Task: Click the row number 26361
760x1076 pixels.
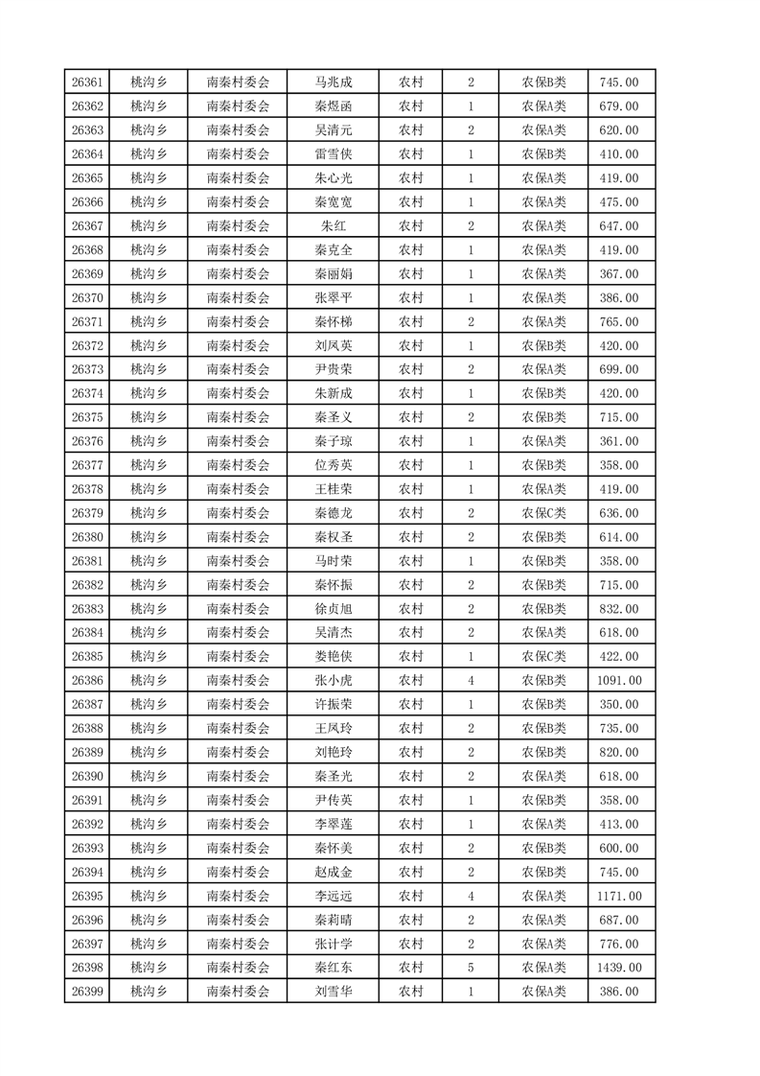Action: click(x=87, y=82)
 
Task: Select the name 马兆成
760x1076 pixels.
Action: click(x=334, y=82)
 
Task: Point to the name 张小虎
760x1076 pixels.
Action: click(x=334, y=681)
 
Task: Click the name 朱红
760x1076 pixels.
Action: click(x=334, y=226)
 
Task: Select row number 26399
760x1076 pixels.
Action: click(x=87, y=993)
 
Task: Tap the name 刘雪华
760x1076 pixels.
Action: click(x=334, y=993)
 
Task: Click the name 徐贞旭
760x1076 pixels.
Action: click(x=334, y=609)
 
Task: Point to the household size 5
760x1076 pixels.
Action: click(x=471, y=969)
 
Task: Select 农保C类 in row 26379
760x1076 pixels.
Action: click(x=543, y=513)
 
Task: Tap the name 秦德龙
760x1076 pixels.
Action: click(x=334, y=513)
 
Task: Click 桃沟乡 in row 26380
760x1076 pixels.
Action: click(x=149, y=537)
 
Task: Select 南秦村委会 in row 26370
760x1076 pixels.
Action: click(x=239, y=298)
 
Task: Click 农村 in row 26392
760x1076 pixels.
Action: click(x=411, y=825)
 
